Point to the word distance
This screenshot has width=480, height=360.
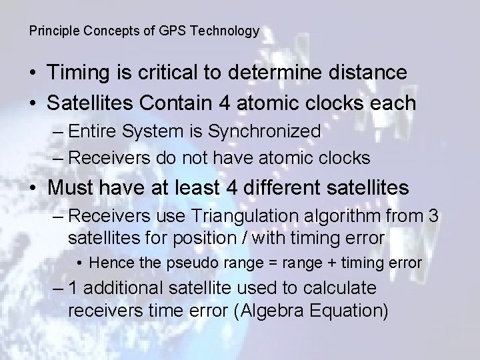point(364,73)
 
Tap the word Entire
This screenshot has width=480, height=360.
point(93,131)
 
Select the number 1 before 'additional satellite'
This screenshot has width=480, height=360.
point(73,289)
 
